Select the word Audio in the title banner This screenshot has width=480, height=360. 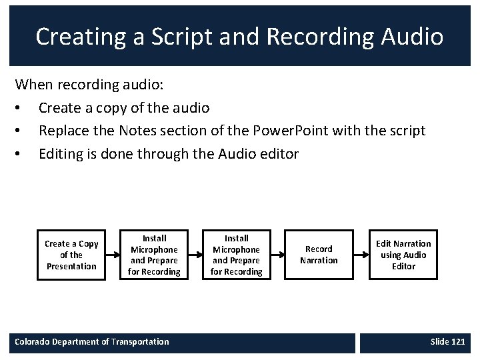tap(411, 37)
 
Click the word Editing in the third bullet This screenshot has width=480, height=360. tap(61, 154)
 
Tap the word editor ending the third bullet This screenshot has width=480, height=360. tap(278, 154)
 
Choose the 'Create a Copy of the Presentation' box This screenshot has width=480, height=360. tap(71, 255)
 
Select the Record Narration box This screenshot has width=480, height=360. tap(319, 255)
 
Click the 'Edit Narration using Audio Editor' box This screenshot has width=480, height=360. tap(403, 255)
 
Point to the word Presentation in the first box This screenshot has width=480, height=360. tap(71, 266)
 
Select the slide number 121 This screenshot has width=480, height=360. tap(458, 342)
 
